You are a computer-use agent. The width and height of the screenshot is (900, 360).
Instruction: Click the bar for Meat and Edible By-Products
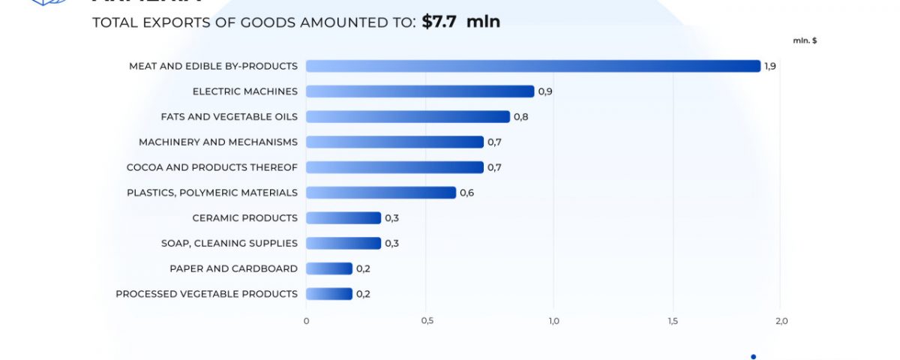pyautogui.click(x=533, y=66)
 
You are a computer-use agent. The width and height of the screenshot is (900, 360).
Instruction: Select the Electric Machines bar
pyautogui.click(x=420, y=91)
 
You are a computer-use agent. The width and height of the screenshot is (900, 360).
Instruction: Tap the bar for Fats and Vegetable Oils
pyautogui.click(x=408, y=117)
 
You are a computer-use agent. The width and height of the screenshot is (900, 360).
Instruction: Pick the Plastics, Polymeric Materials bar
pyautogui.click(x=381, y=193)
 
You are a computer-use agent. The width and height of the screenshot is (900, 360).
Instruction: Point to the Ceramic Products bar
pyautogui.click(x=343, y=218)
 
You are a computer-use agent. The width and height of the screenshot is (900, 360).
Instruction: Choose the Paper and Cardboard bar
pyautogui.click(x=329, y=268)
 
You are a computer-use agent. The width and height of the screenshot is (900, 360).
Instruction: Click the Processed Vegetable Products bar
pyautogui.click(x=329, y=294)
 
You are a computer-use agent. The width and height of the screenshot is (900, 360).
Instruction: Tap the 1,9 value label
pyautogui.click(x=770, y=67)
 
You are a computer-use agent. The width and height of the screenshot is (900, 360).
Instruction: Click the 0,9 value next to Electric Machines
pyautogui.click(x=545, y=91)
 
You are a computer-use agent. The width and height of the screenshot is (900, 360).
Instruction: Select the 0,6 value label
pyautogui.click(x=466, y=193)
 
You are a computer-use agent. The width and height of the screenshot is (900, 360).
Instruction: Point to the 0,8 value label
pyautogui.click(x=520, y=117)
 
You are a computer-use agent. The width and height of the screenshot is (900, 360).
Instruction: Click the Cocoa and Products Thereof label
pyautogui.click(x=212, y=167)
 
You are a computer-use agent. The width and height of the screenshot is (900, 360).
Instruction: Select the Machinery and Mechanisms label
pyautogui.click(x=218, y=142)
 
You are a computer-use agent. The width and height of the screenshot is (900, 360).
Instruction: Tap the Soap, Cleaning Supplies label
pyautogui.click(x=229, y=243)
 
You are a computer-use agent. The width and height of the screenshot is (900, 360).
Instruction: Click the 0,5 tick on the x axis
pyautogui.click(x=427, y=322)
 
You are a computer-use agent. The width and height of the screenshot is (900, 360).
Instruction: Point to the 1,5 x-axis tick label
pyautogui.click(x=673, y=322)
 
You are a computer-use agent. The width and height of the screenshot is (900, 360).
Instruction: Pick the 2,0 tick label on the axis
pyautogui.click(x=781, y=322)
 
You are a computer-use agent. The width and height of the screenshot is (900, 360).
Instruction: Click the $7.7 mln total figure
pyautogui.click(x=460, y=22)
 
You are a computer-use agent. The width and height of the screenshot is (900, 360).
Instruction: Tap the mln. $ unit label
pyautogui.click(x=805, y=40)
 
